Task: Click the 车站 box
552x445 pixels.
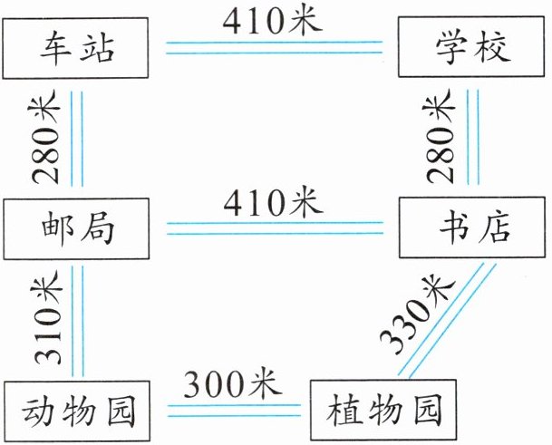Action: (77, 48)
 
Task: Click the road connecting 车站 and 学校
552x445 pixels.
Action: (272, 47)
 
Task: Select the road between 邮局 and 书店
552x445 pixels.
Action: (272, 228)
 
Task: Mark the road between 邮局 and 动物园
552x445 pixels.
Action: (77, 320)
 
